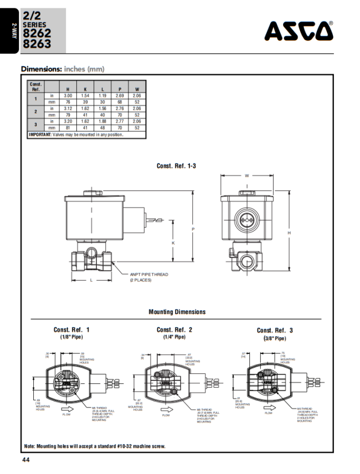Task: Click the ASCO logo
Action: coord(299,31)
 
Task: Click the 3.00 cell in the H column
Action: coord(68,95)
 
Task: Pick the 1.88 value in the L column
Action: coord(102,121)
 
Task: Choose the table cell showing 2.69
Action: coord(119,95)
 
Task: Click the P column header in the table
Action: coord(119,89)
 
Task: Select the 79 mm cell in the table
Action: coord(68,115)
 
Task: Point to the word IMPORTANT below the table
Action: coord(40,135)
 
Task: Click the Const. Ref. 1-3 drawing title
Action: coord(176,166)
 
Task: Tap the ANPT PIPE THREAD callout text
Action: coord(149,274)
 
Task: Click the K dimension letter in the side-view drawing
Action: coord(173,243)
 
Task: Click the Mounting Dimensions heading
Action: coord(177,312)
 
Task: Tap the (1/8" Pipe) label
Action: coord(71,337)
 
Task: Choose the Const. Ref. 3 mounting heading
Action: coord(275,330)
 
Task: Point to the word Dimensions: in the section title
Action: coord(42,69)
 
